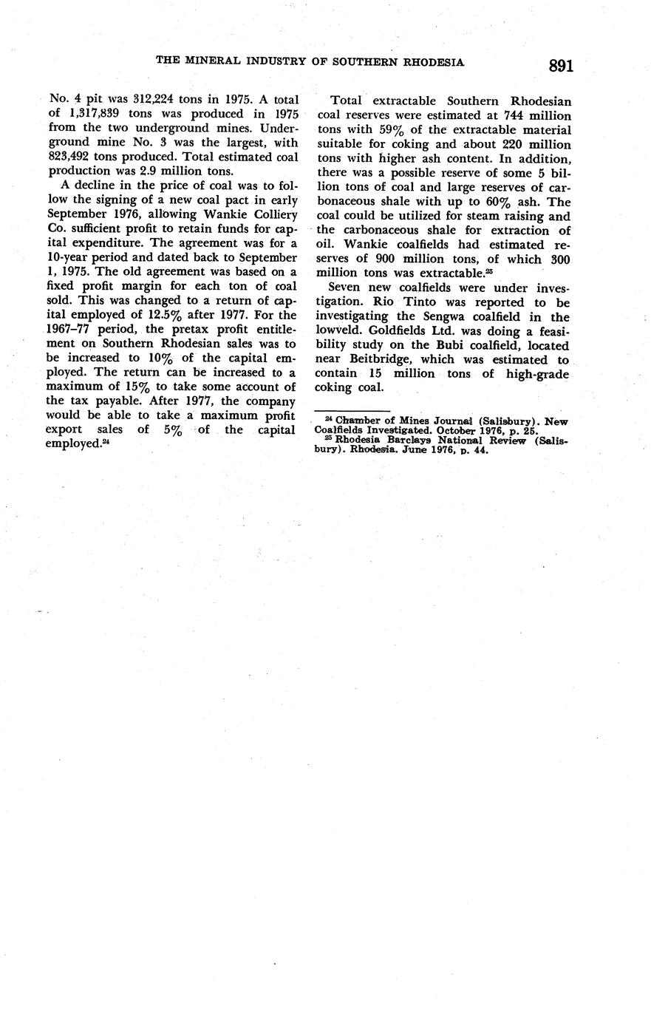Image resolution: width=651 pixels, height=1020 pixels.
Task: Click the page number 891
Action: click(561, 66)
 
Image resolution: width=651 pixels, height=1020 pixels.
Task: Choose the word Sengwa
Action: click(457, 317)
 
